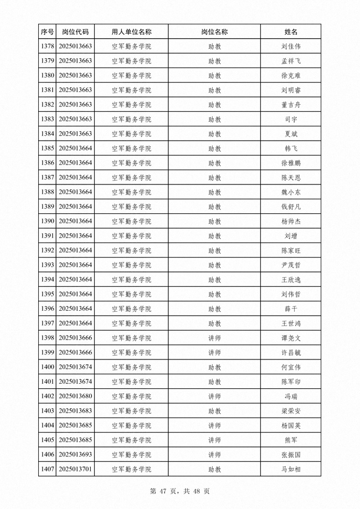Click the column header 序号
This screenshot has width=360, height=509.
47,32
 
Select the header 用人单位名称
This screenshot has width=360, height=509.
131,32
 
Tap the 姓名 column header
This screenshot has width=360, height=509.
291,32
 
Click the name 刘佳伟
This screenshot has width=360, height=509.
291,47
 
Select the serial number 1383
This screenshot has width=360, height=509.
47,119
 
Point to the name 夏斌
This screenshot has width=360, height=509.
291,134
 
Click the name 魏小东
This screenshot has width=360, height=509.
291,192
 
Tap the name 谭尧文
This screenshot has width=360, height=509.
291,338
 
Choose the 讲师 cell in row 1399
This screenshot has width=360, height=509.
214,352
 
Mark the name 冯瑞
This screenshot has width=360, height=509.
291,396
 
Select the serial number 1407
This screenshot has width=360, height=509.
47,469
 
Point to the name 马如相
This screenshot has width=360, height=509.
291,469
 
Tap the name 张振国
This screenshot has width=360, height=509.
291,455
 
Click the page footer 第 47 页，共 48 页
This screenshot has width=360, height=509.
180,491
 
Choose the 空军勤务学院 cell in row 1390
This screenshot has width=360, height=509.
131,221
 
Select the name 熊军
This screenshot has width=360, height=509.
291,440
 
